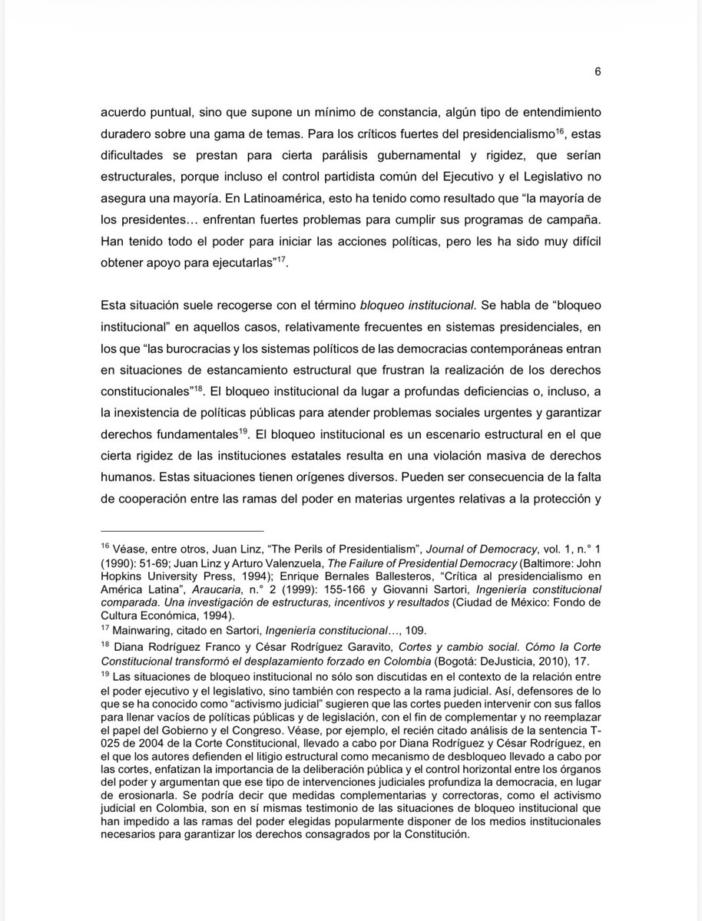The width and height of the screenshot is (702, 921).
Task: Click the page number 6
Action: coord(597,71)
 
